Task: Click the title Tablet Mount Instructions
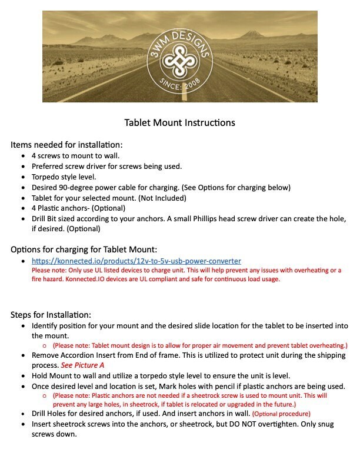pyautogui.click(x=179, y=123)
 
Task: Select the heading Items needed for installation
pyautogui.click(x=66, y=145)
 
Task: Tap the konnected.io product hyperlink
pyautogui.click(x=136, y=260)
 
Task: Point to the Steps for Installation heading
pyautogui.click(x=51, y=314)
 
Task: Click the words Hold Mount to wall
pyautogui.click(x=65, y=375)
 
